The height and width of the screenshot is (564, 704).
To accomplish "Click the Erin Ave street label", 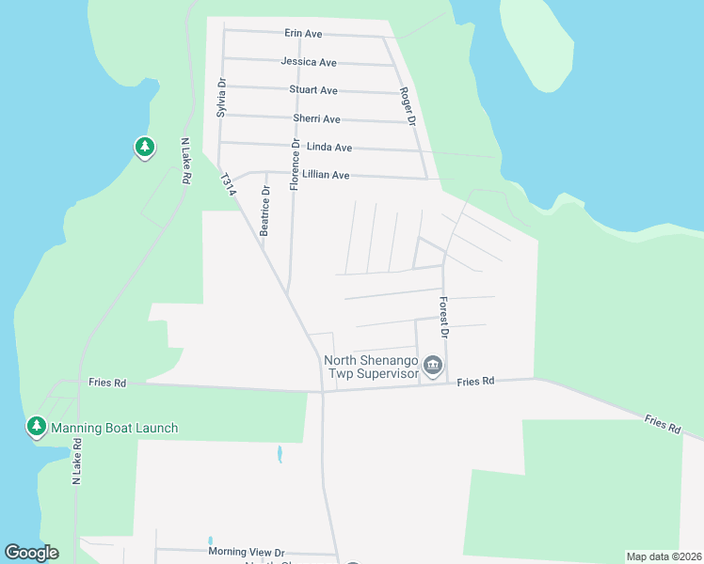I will (303, 34).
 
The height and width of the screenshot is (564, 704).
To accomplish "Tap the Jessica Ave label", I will (308, 62).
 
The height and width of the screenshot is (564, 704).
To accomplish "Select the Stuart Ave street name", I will (313, 90).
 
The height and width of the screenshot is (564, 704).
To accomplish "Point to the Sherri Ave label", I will (316, 119).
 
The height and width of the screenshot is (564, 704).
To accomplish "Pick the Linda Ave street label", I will (328, 148).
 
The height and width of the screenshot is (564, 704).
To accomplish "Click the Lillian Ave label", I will (325, 176).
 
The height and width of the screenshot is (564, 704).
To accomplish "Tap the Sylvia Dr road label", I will (222, 97).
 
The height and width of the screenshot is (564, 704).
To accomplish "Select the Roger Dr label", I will (407, 106).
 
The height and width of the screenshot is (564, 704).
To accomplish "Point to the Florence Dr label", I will (295, 165).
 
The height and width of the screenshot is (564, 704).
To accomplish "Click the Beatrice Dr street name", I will (265, 210).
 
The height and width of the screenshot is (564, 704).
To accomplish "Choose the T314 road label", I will (227, 183).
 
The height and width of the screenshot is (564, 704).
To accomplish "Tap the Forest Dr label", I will (444, 317).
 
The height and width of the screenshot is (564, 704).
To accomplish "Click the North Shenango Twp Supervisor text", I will (371, 367).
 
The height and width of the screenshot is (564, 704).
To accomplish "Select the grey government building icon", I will (432, 366).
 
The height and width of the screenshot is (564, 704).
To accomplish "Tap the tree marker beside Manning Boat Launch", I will (37, 427).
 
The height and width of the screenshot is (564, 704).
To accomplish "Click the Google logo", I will (31, 553).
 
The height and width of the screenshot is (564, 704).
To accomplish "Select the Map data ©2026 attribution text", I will (664, 556).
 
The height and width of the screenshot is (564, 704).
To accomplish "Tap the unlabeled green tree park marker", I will (144, 147).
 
